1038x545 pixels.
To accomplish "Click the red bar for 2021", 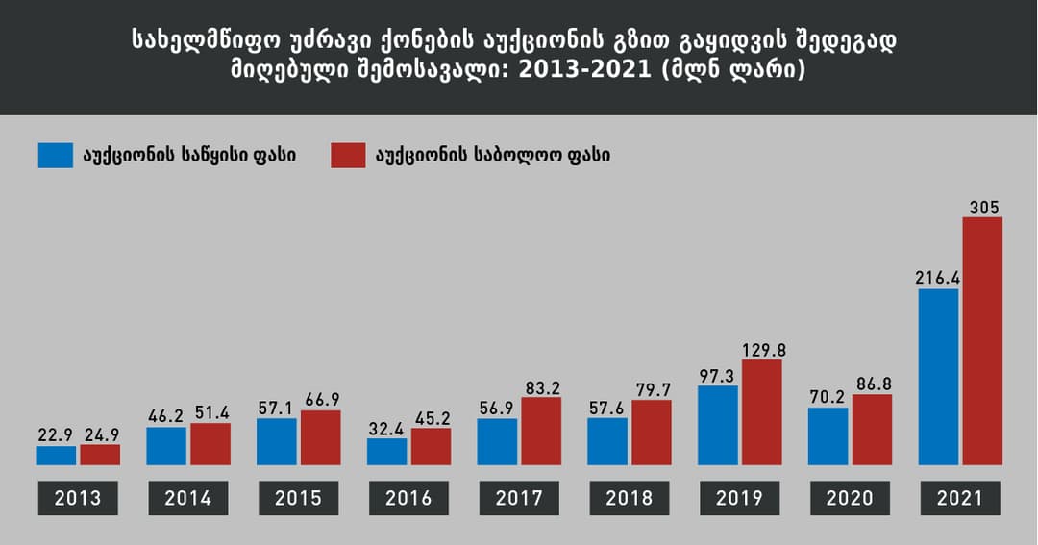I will point(981,341).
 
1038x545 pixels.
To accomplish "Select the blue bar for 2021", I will point(938,377).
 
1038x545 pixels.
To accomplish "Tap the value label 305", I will point(981,207).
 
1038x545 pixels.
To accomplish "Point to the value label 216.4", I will point(938,278).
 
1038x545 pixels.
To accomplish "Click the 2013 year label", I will point(78,498).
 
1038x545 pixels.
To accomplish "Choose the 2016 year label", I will point(408,498).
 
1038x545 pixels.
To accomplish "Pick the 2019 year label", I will point(739,498).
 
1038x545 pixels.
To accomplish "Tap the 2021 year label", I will point(959,498).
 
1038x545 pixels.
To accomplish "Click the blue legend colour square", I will point(56,155).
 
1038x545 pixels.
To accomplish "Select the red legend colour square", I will point(348,155).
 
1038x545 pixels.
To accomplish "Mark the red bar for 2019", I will point(761,412).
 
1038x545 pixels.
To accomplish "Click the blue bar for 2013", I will point(56,456).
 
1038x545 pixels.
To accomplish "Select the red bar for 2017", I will point(541,432).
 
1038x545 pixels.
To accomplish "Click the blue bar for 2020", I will point(828,436).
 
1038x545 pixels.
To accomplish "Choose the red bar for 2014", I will point(210,444).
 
